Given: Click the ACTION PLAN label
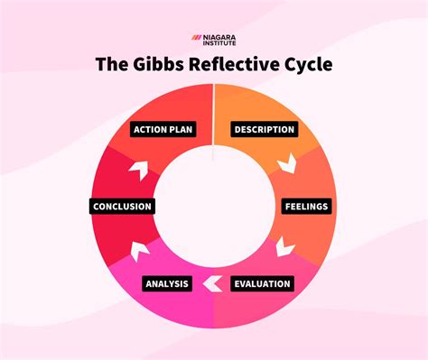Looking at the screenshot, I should click(x=163, y=129).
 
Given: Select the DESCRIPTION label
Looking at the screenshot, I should click(x=265, y=129).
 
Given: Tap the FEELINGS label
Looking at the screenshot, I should click(x=305, y=207).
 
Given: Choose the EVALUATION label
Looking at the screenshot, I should click(x=262, y=284).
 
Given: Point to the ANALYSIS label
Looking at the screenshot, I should click(x=167, y=284).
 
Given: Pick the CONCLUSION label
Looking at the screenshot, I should click(x=122, y=207).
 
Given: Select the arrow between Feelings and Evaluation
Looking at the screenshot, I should click(x=284, y=245).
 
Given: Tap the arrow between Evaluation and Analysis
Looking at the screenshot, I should click(x=213, y=284).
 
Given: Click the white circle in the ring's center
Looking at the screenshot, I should click(x=214, y=207).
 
